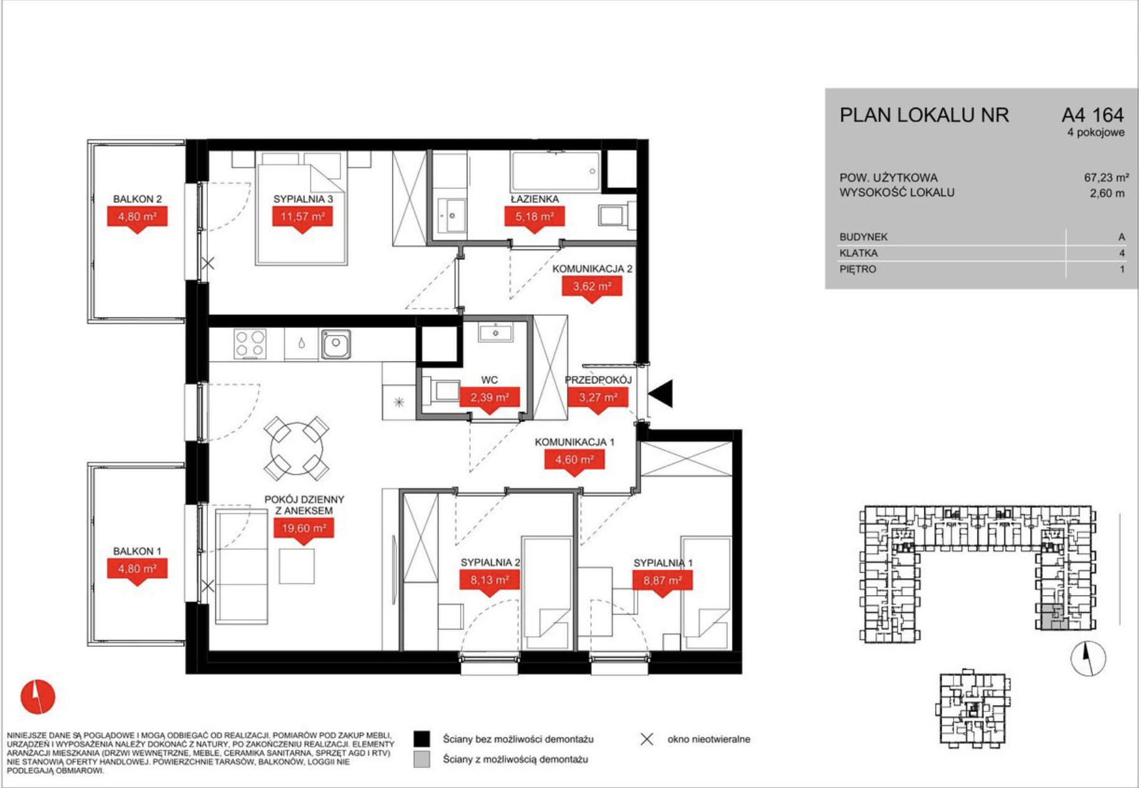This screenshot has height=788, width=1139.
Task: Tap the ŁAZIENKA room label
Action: click(535, 199)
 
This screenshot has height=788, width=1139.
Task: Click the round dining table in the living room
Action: click(297, 448)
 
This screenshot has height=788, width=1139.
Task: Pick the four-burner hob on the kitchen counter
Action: click(250, 344)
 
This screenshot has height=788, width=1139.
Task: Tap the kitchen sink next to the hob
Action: click(335, 344)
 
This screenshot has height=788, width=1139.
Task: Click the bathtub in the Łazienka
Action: click(556, 171)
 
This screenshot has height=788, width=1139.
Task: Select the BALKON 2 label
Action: click(138, 199)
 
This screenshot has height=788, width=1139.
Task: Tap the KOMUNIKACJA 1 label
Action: click(574, 442)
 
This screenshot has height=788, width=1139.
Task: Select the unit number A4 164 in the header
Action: click(1092, 115)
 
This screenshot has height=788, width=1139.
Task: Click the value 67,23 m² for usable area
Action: click(1107, 177)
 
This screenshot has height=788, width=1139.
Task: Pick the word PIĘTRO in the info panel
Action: click(858, 270)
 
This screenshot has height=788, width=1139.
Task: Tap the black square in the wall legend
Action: click(422, 739)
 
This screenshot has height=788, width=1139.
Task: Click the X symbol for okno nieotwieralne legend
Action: click(647, 739)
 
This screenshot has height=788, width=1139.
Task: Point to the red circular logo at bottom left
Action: click(38, 697)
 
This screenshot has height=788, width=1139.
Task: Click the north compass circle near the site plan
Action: click(1089, 659)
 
